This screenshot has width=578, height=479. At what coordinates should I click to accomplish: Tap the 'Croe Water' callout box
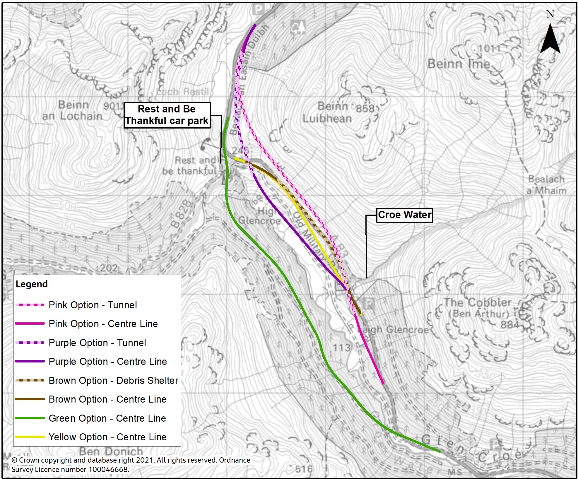point(404,215)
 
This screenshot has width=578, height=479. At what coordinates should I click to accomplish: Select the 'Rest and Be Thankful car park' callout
point(167,115)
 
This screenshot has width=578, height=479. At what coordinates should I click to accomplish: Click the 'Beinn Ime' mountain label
point(459,64)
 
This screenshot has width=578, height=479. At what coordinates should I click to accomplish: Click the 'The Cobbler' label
point(477,302)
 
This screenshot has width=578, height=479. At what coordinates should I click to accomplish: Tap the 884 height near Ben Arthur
point(509,325)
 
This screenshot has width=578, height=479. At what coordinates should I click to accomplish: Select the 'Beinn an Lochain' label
point(72,111)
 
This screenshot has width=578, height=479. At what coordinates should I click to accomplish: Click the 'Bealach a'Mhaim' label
point(546,185)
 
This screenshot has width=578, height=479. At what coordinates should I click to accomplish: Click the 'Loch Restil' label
point(182,92)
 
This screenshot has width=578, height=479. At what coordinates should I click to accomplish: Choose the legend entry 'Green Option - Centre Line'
point(107,418)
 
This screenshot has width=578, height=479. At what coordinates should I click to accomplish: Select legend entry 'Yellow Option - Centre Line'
point(107,437)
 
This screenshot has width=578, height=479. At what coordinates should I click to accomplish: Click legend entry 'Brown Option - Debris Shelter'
point(113,380)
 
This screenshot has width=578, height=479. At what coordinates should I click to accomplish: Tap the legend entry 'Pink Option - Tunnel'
point(93,305)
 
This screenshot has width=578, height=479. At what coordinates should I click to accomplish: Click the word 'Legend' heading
point(32,284)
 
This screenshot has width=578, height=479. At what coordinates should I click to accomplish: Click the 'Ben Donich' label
point(111,451)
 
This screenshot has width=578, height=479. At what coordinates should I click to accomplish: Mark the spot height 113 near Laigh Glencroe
point(341,348)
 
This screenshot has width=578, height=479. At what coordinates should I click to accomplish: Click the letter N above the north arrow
point(550,14)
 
